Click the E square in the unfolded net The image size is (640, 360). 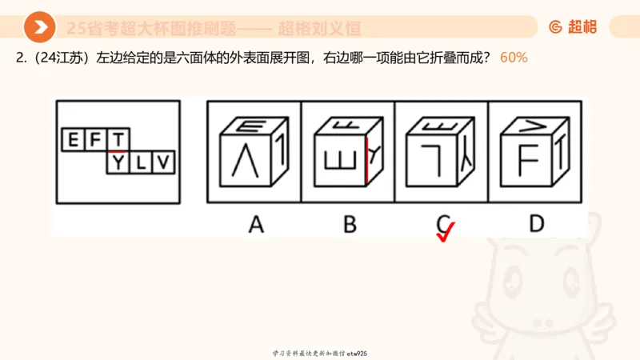(x=73, y=141)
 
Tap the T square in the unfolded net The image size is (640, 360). (x=118, y=141)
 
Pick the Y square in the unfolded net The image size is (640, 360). (x=118, y=163)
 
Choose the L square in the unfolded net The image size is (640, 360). (x=140, y=163)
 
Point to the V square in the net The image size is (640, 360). (x=162, y=163)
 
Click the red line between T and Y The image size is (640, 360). (x=118, y=152)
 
